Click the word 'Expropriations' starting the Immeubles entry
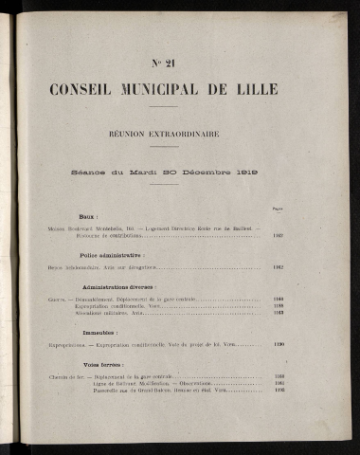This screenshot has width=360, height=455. (64, 346)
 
